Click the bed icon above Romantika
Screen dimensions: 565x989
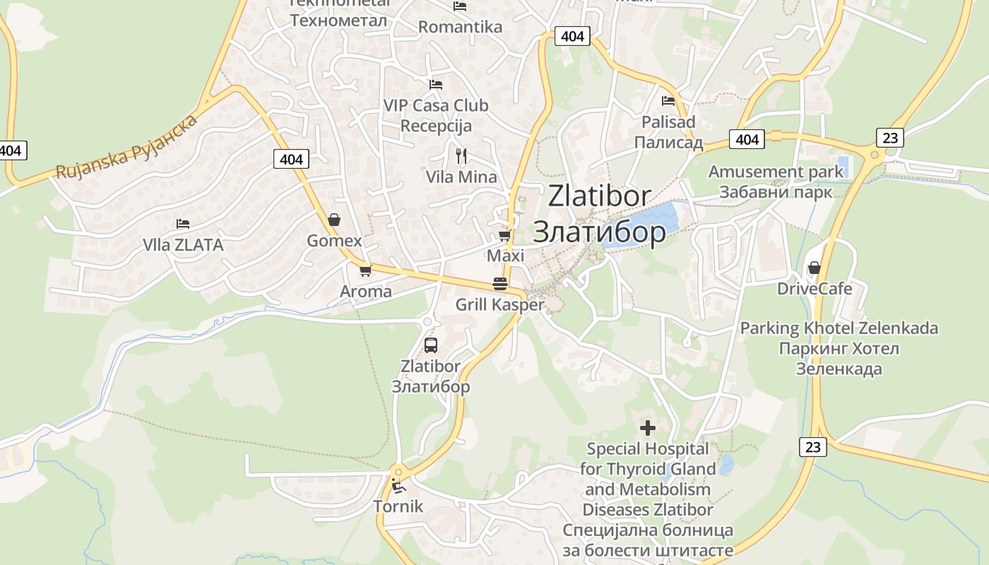460,6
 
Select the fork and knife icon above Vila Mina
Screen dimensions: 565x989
461,156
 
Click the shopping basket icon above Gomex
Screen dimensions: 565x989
334,220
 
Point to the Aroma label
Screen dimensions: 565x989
365,292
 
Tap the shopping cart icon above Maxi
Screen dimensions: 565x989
504,235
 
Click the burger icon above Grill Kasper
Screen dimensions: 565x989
500,284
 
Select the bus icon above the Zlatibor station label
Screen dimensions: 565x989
430,345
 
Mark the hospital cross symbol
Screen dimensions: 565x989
647,428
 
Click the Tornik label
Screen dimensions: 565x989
398,506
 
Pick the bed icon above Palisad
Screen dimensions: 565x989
668,101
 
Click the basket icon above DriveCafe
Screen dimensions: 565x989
814,268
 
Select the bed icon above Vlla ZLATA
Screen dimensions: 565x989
183,224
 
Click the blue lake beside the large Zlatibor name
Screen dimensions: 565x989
646,222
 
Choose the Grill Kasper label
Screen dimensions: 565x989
500,305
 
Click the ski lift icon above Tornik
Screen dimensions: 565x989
398,486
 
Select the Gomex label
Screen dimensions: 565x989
334,241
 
